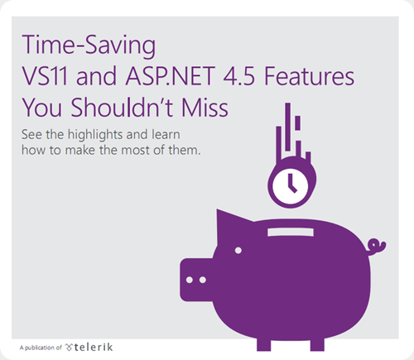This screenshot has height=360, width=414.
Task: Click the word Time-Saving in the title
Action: (x=89, y=46)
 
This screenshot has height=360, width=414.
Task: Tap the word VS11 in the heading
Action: (x=45, y=76)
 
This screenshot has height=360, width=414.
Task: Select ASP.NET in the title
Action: (x=171, y=76)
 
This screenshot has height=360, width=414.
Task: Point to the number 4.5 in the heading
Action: (x=239, y=76)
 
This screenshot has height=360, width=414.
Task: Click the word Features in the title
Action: (x=310, y=76)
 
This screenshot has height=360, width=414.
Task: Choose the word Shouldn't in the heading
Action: (x=123, y=108)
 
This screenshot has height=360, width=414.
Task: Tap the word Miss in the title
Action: (x=205, y=108)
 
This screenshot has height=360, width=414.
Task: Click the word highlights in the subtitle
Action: (x=95, y=135)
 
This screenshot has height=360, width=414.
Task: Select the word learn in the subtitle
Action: (x=166, y=135)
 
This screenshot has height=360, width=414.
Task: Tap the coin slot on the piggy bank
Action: (x=291, y=232)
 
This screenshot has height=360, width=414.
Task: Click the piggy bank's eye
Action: (x=238, y=251)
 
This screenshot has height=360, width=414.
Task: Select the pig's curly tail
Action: (x=376, y=247)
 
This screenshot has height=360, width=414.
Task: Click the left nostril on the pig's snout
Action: (x=190, y=280)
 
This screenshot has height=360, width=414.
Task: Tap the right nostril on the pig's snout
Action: (x=203, y=280)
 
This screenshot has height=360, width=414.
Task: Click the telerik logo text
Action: (x=89, y=347)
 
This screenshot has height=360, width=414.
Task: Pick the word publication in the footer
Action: (x=40, y=348)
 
